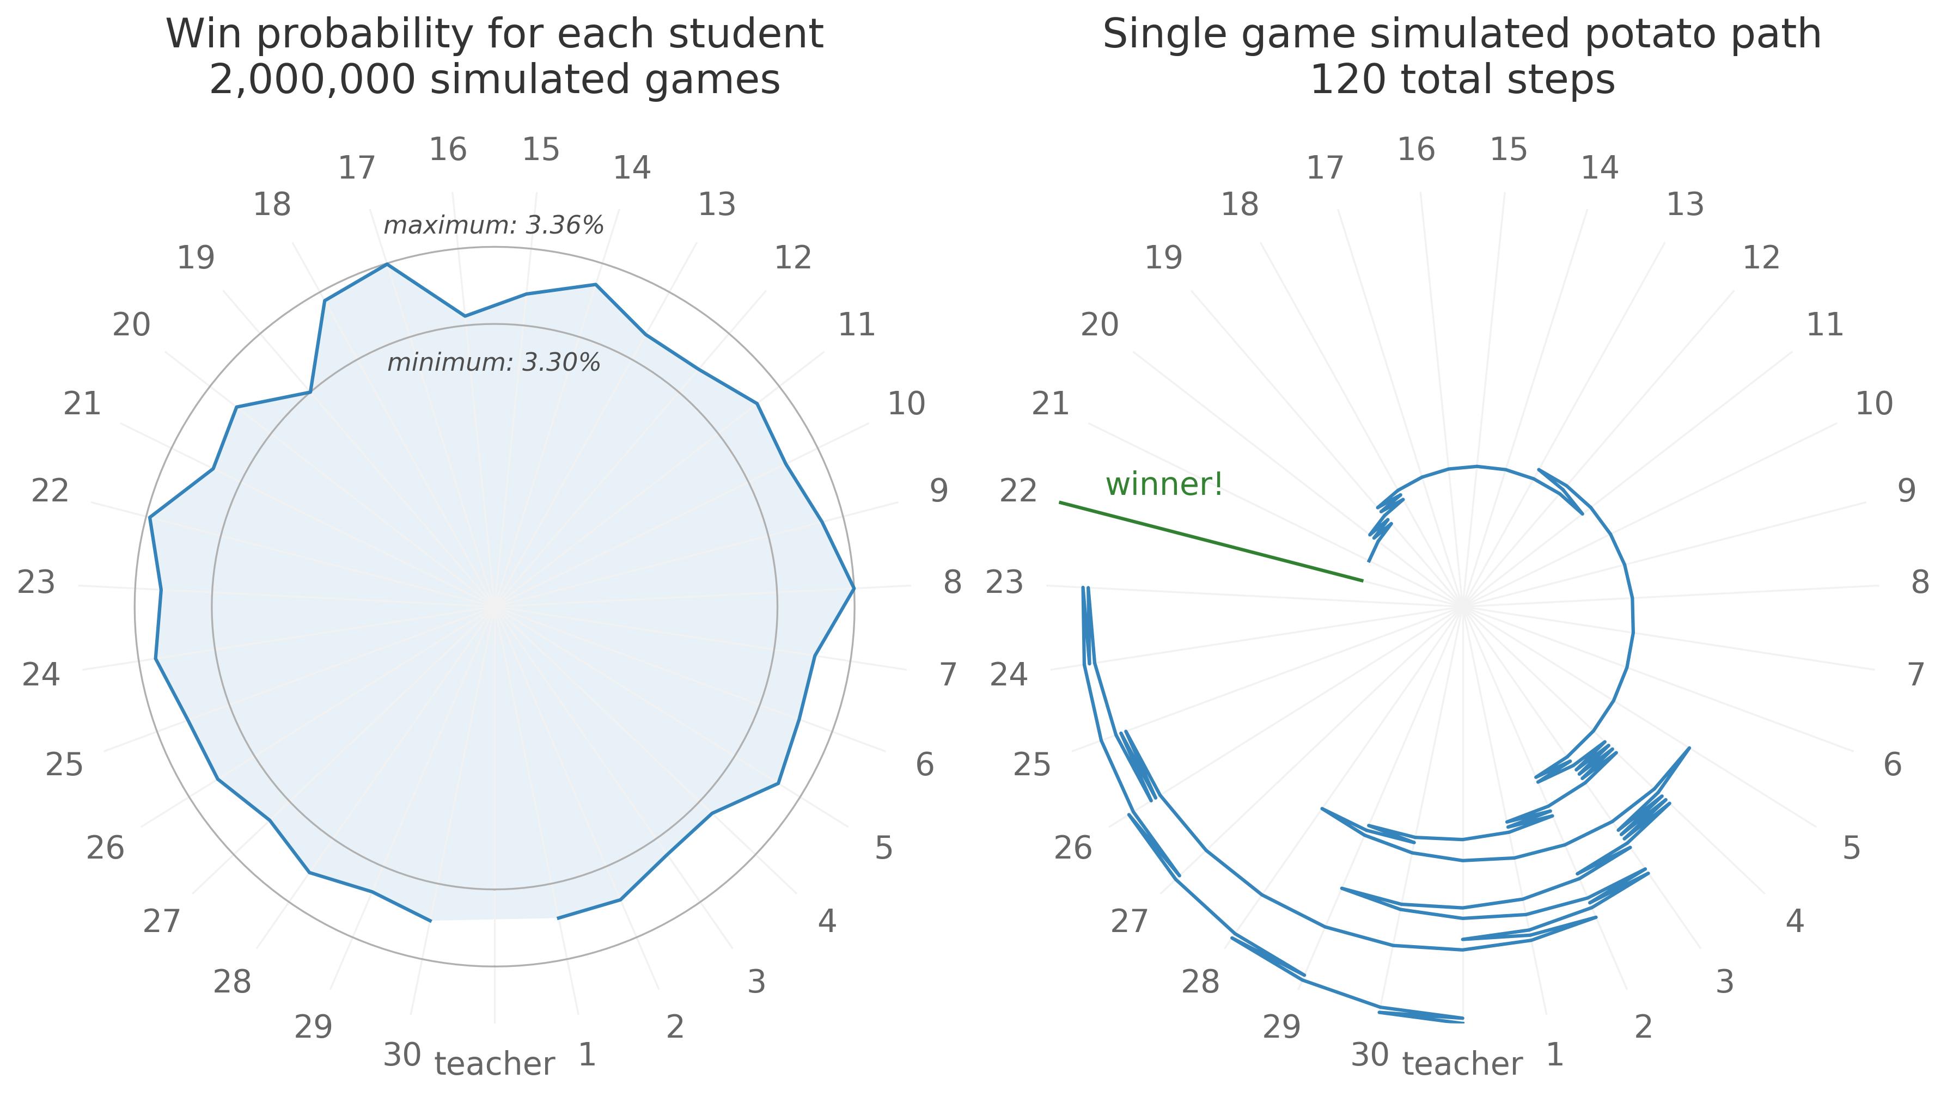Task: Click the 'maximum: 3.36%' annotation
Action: click(x=493, y=225)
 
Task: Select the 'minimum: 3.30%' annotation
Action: click(x=493, y=363)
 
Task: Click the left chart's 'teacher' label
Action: click(x=495, y=1064)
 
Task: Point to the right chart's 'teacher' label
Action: click(x=1462, y=1064)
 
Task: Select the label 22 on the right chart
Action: click(x=1018, y=491)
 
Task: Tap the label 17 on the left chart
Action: click(x=356, y=168)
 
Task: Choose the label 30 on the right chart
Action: click(x=1370, y=1055)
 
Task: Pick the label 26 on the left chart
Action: click(x=105, y=848)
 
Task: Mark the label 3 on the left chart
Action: click(x=756, y=982)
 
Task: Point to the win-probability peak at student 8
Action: click(x=853, y=588)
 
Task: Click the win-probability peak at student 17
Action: click(x=387, y=265)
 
